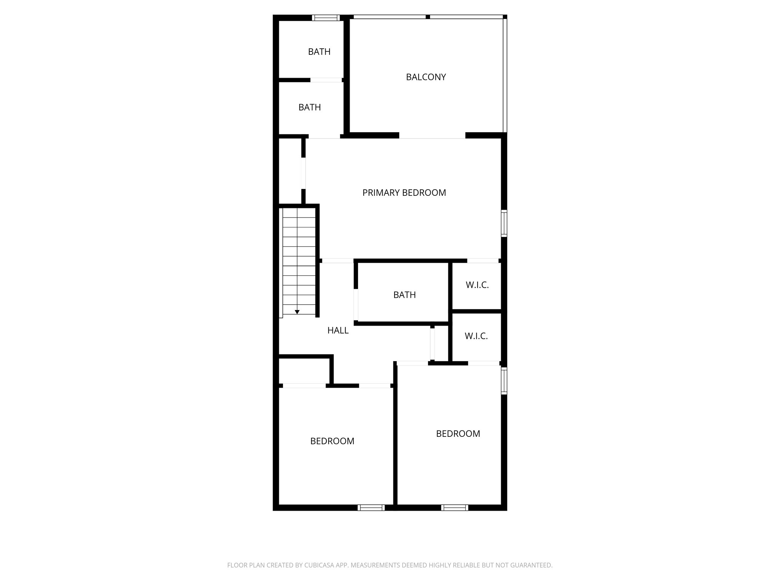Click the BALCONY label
(x=426, y=77)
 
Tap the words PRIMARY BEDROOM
(x=404, y=193)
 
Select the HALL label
(x=338, y=331)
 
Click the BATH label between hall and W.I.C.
(x=404, y=295)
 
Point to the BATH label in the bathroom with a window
(x=319, y=52)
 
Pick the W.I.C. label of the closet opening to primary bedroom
(x=477, y=285)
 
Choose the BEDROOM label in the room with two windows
(x=458, y=434)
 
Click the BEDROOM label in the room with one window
(x=332, y=441)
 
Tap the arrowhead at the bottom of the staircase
(x=297, y=312)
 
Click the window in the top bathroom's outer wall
(x=326, y=18)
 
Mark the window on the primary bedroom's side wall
(x=504, y=223)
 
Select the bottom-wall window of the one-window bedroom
(x=371, y=507)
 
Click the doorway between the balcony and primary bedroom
(x=432, y=136)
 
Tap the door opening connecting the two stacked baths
(x=326, y=80)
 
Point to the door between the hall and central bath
(x=356, y=305)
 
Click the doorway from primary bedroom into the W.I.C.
(x=483, y=261)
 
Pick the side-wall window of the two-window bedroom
(x=504, y=380)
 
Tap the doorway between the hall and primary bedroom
(x=337, y=261)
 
